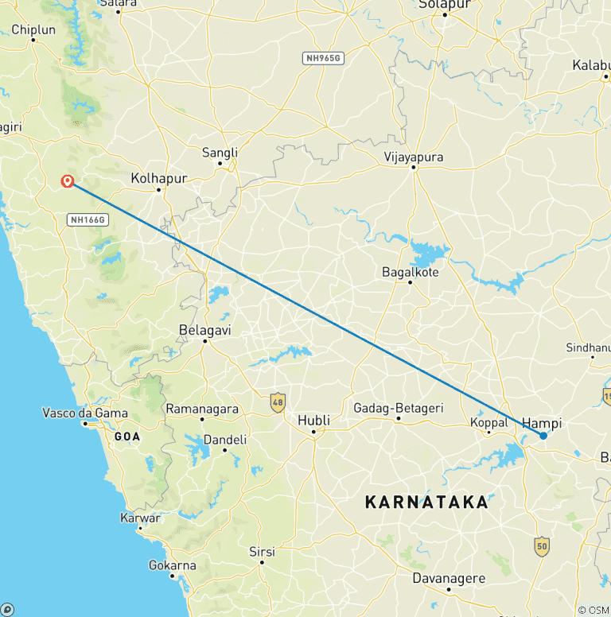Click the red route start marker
68,180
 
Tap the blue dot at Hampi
543,435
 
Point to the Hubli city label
313,420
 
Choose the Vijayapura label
413,157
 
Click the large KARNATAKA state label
426,503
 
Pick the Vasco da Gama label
84,413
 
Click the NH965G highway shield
322,58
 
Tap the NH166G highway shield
88,219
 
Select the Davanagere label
448,578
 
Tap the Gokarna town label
172,565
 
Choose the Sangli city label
220,152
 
